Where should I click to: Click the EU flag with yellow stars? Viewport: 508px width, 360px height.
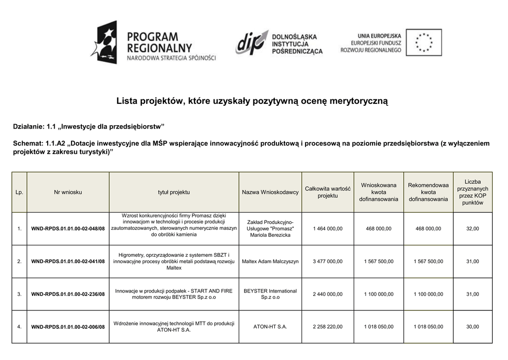pos(423,42)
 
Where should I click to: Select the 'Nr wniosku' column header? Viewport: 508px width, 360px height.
pos(68,192)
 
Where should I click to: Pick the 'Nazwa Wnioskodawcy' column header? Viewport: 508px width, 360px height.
pos(270,192)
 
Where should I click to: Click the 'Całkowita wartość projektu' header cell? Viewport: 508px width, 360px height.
pos(327,192)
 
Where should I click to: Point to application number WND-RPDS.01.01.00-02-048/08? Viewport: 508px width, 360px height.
pos(68,229)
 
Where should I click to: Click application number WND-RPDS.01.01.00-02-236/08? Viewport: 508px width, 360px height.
pos(68,294)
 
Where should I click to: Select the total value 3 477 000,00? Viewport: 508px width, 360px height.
pos(327,261)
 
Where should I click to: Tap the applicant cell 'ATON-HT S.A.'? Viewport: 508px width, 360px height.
pos(270,327)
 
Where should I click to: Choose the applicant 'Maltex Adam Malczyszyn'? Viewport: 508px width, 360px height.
pos(270,261)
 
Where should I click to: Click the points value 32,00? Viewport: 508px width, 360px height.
pos(472,228)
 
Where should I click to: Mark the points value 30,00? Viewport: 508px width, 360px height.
pos(472,327)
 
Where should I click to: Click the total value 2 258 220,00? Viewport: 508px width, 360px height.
pos(327,327)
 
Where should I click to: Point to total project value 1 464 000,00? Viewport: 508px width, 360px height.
pos(327,228)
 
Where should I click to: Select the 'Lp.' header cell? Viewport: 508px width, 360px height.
pos(19,192)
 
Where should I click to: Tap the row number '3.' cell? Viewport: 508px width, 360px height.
pos(19,294)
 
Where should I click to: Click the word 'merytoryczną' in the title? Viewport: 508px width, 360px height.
pos(356,101)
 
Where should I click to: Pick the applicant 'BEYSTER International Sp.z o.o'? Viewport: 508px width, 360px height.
pos(270,294)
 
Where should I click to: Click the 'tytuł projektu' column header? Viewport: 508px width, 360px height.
pos(174,192)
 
